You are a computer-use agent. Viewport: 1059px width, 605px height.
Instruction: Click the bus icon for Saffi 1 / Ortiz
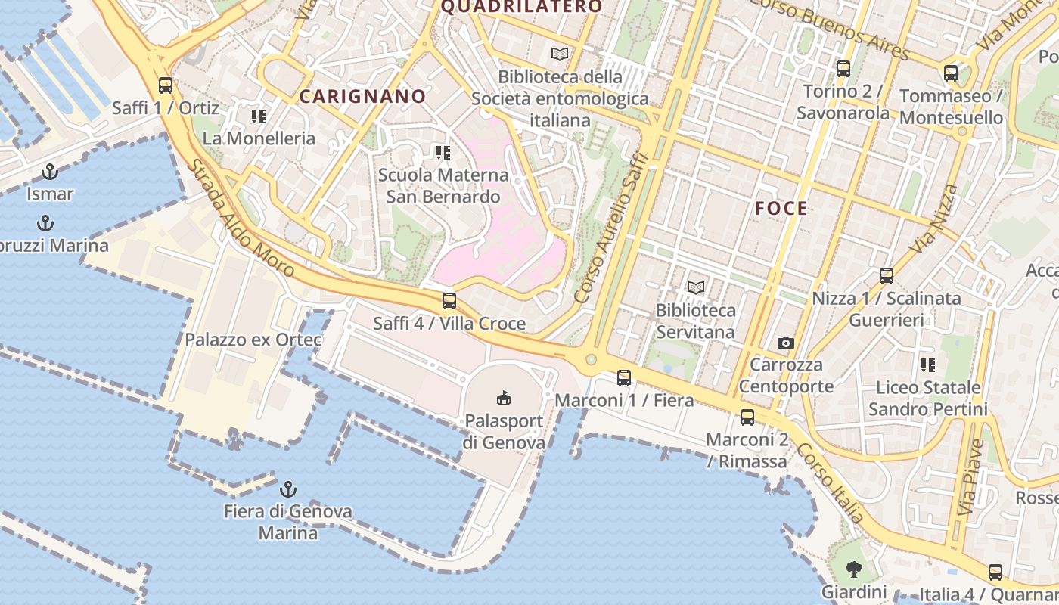coord(166,85)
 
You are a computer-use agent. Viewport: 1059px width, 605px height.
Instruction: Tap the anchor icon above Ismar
coord(50,172)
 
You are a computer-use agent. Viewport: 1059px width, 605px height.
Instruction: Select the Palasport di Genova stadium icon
coord(503,397)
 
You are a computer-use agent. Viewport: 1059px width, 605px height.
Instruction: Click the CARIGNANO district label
coord(363,97)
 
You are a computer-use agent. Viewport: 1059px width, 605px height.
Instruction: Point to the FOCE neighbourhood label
coord(781,209)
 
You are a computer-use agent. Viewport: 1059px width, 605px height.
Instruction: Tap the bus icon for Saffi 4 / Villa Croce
coord(449,301)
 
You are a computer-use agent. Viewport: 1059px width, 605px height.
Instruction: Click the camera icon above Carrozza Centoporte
coord(786,343)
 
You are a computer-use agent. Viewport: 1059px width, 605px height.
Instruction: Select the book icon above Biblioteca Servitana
coord(695,287)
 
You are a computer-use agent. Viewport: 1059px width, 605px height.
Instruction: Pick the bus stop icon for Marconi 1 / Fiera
coord(624,377)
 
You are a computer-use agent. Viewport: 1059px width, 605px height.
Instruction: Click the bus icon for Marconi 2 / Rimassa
coord(747,417)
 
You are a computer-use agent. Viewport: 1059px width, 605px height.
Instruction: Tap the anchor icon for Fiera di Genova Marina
coord(287,489)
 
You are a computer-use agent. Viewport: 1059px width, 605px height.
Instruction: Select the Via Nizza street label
coord(933,219)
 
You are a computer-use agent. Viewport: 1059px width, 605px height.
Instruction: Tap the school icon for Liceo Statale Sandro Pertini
coord(928,366)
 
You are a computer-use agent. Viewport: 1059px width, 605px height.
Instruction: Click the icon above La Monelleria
coord(259,116)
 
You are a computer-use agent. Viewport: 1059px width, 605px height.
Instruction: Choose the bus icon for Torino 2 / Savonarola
coord(843,69)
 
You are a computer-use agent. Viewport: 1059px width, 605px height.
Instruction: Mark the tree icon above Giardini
coord(854,569)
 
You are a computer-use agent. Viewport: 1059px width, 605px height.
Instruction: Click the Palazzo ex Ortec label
coord(253,340)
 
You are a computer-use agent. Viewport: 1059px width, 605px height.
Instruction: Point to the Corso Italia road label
coord(831,482)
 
